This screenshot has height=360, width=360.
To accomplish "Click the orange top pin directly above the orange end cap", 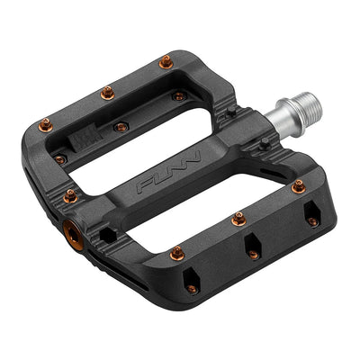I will click(x=70, y=194).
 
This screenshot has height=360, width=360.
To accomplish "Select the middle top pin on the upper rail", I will click(x=107, y=92).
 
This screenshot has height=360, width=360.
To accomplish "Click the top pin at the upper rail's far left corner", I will click(x=45, y=125).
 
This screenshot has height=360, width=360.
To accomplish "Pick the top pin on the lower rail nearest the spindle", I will click(x=298, y=187).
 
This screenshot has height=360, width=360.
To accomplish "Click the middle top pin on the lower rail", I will click(x=238, y=218).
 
